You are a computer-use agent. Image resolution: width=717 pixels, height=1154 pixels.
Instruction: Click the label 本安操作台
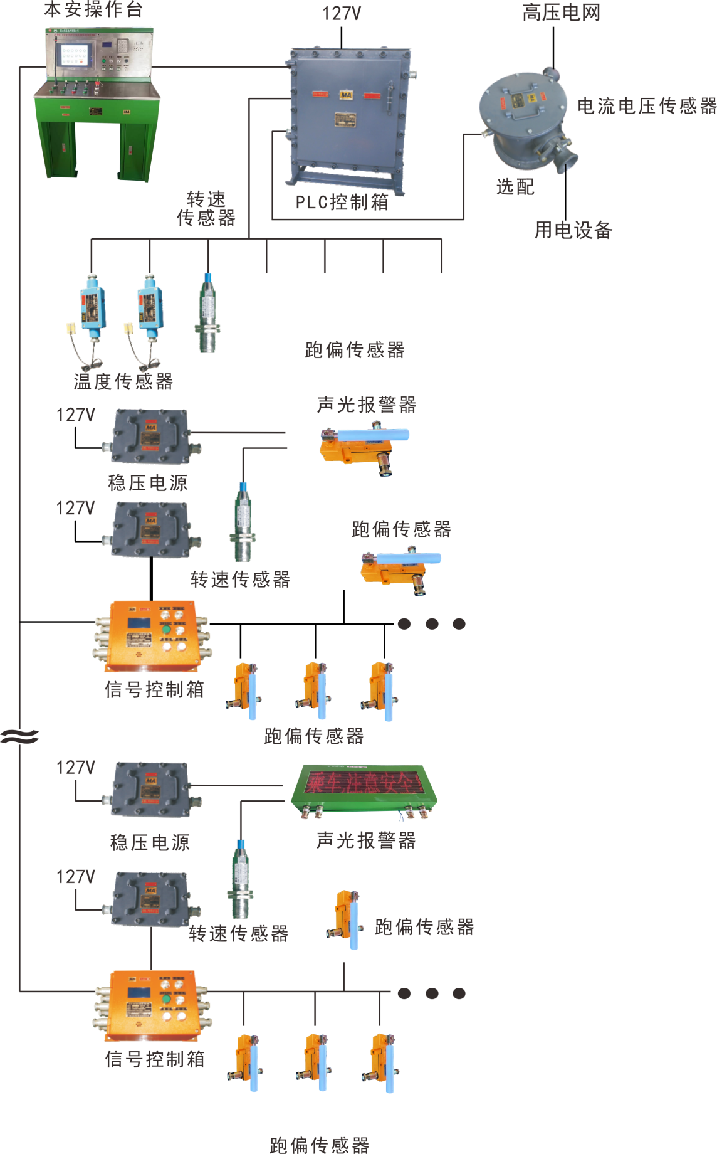click(x=93, y=9)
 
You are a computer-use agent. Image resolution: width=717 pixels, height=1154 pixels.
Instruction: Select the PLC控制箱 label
click(x=342, y=202)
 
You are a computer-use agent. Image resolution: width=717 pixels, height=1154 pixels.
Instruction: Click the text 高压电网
click(x=561, y=13)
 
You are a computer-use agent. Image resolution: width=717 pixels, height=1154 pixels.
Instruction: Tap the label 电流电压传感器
click(x=646, y=106)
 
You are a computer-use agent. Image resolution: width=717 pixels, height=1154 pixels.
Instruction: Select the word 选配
click(x=515, y=186)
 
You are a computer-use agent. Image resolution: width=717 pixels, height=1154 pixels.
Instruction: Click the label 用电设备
click(x=573, y=230)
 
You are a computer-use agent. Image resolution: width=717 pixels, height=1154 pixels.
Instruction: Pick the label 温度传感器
click(x=123, y=381)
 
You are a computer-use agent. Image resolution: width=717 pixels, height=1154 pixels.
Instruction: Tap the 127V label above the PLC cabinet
click(x=342, y=14)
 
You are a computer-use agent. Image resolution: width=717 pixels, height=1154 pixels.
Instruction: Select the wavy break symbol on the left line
click(x=19, y=736)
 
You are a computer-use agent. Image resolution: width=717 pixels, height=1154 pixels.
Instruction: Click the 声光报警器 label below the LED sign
click(x=366, y=840)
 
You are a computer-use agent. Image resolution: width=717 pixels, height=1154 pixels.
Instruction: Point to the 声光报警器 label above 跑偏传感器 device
click(x=367, y=405)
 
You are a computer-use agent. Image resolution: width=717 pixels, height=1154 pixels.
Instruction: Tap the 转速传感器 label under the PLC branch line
click(x=206, y=209)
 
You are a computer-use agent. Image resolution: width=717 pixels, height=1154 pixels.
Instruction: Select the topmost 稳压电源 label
click(x=148, y=482)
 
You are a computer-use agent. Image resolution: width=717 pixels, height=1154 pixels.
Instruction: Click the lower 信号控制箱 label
click(x=154, y=1059)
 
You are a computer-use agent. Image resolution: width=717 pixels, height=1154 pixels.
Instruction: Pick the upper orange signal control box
click(x=153, y=636)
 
